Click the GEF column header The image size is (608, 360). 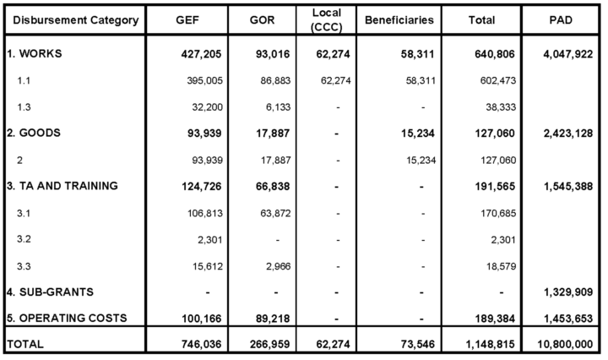click(x=184, y=20)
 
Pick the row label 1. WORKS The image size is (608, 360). click(x=37, y=52)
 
